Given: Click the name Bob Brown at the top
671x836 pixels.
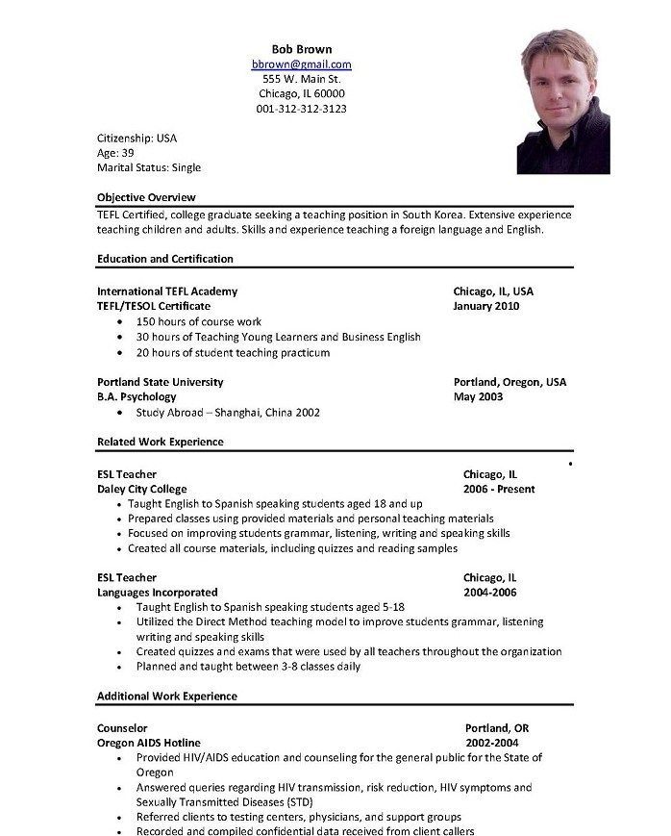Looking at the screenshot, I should point(301,48).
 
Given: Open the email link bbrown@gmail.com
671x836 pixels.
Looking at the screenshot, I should point(301,63).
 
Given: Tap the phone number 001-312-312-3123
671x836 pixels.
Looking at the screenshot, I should point(301,109).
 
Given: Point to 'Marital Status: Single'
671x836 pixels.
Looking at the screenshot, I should point(149,167).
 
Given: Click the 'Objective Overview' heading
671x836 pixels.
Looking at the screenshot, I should point(147,197).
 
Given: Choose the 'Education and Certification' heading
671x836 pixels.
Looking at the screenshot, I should point(165,259).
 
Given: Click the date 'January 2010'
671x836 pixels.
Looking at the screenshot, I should point(486,306).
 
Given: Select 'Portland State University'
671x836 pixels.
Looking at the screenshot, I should point(161,382).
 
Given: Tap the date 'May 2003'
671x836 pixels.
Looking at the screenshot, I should point(478,396).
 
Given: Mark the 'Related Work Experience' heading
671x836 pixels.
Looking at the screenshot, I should point(161,443).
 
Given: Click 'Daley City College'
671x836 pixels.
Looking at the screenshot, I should point(142,489).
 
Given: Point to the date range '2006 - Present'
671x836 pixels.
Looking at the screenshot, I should point(499,489).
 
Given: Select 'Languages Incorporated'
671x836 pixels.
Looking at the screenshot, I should point(158,593).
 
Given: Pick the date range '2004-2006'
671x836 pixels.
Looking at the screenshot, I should point(490,593).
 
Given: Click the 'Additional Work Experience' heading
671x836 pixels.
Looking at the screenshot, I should point(167,696).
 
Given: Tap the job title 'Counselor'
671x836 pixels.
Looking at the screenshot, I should point(122,728).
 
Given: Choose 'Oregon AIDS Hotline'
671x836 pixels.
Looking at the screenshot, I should point(149,743).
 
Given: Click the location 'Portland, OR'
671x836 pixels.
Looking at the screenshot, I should point(497,728).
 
